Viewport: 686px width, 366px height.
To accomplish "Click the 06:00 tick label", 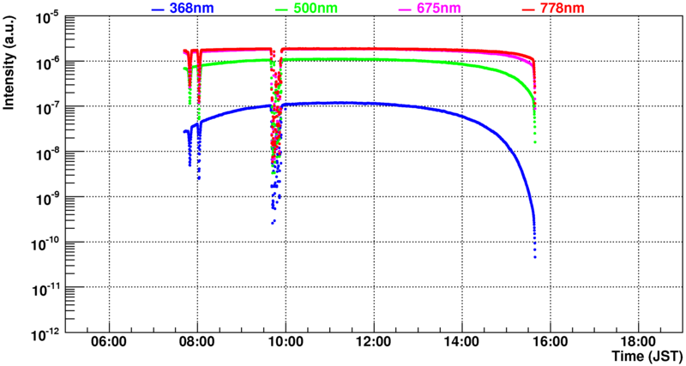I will tap(109, 341).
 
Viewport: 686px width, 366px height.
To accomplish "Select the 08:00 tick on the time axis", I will tap(197, 341).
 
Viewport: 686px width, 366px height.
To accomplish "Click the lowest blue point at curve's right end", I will tap(534, 256).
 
